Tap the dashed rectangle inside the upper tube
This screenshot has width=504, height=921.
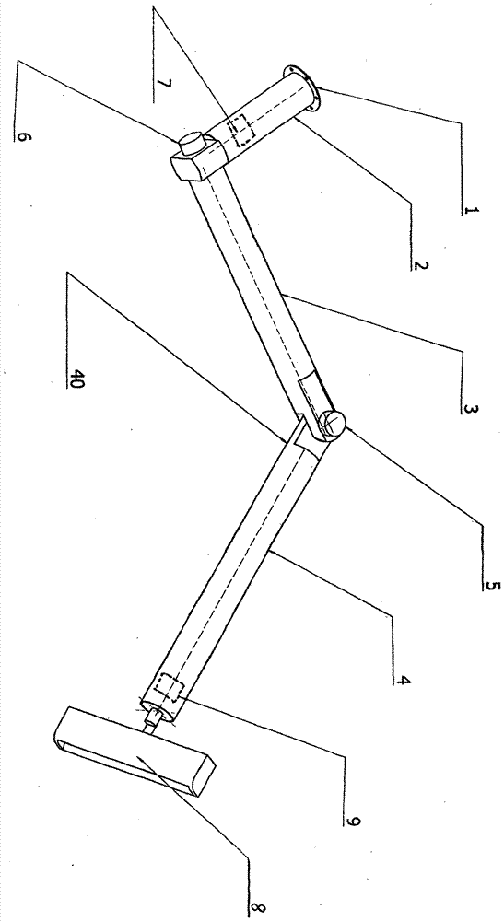point(243,130)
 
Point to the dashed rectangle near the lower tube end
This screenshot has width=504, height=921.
point(170,686)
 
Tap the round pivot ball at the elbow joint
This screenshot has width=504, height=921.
point(333,423)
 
